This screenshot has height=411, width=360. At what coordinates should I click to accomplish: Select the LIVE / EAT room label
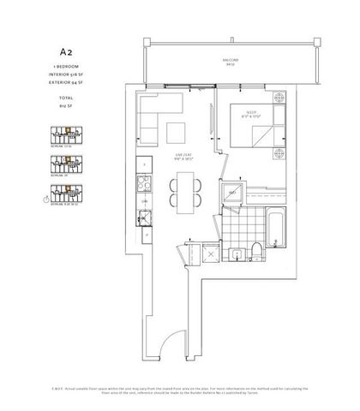tap(179, 155)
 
